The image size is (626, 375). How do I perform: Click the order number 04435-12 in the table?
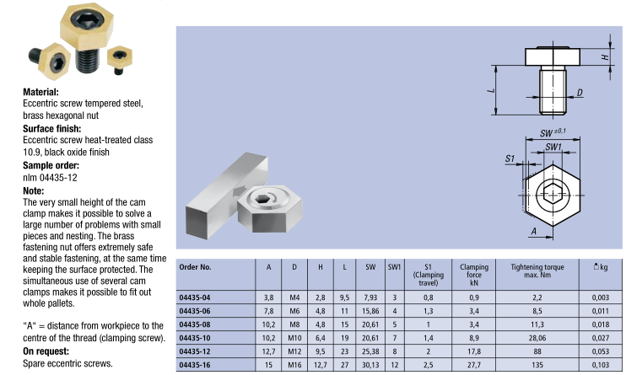(x=195, y=351)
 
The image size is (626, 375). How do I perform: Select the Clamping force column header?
(x=474, y=275)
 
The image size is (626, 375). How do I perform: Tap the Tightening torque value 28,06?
(x=537, y=338)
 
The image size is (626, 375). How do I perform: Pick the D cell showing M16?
(x=294, y=365)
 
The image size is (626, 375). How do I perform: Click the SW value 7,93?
(x=370, y=297)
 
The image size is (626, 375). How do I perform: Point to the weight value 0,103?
(x=601, y=365)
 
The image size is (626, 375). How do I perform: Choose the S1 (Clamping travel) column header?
(x=428, y=275)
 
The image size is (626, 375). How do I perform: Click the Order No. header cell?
(x=195, y=267)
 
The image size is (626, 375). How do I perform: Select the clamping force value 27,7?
(x=474, y=365)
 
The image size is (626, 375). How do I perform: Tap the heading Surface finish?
(x=52, y=128)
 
